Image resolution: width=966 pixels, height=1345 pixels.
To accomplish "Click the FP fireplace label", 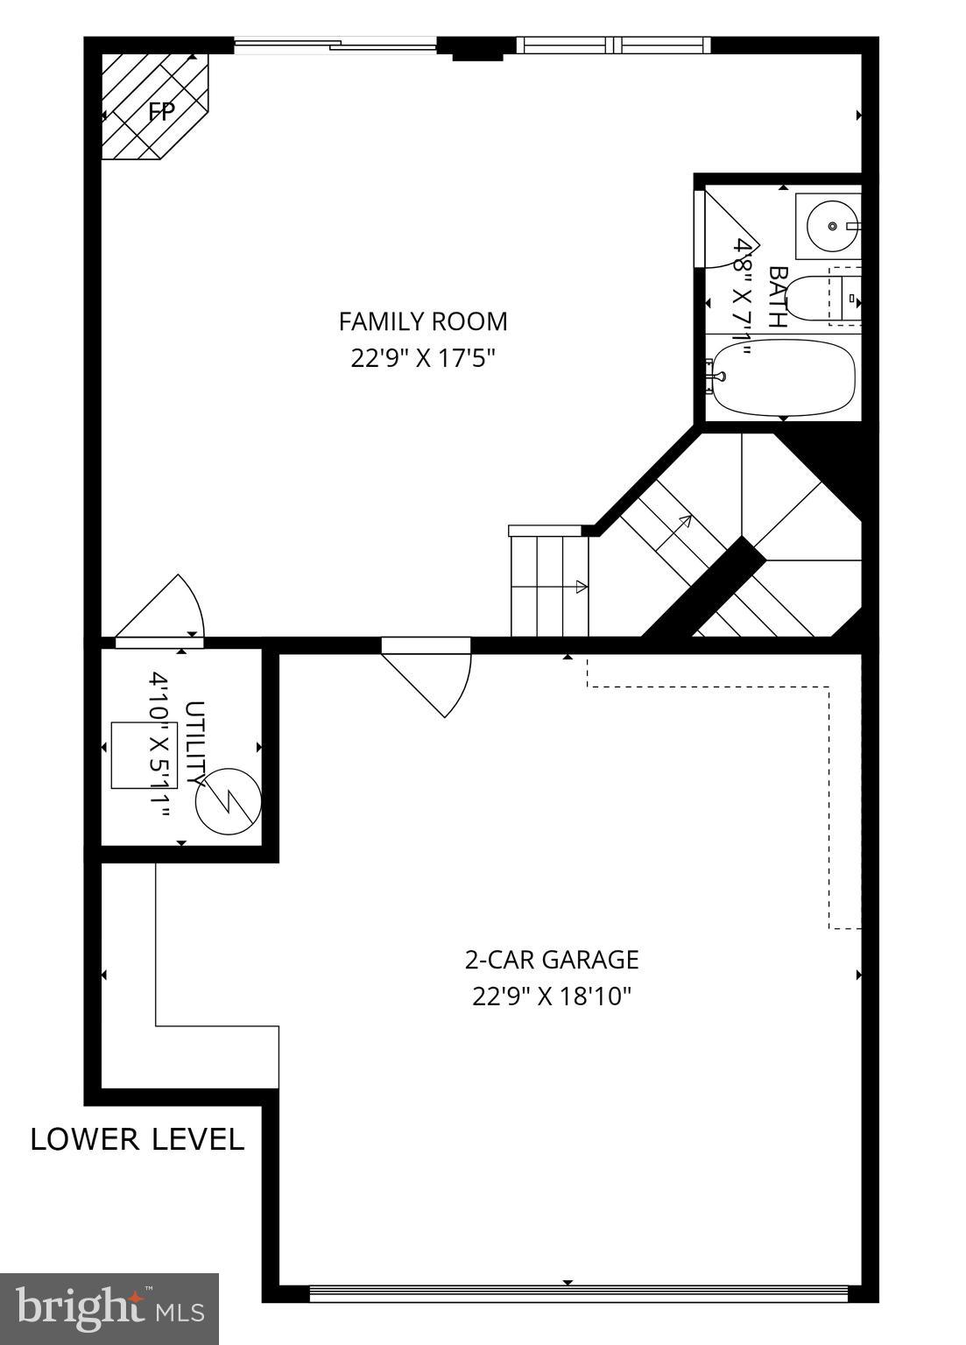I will point(161,111).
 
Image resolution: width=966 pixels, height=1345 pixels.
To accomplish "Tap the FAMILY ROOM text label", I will point(423,321).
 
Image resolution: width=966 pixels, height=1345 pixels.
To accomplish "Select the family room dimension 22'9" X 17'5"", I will point(423,359).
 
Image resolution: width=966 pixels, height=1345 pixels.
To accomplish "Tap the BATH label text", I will point(776,297).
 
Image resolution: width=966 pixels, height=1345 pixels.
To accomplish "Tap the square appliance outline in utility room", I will point(144,756).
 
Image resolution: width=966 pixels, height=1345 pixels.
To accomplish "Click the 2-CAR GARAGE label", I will point(551,960).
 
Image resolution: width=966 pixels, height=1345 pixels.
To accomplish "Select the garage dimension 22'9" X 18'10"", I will point(551,996).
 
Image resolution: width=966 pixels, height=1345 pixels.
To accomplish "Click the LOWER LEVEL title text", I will point(137,1139).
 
